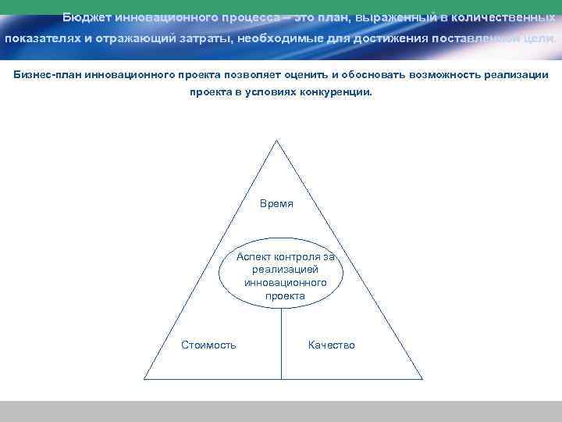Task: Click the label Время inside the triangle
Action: click(276, 203)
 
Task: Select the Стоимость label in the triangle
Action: click(208, 345)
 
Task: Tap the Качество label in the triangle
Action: click(331, 345)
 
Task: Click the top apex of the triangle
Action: click(276, 141)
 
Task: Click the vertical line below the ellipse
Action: click(281, 344)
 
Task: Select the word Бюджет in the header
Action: click(87, 16)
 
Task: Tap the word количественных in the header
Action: click(507, 16)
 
